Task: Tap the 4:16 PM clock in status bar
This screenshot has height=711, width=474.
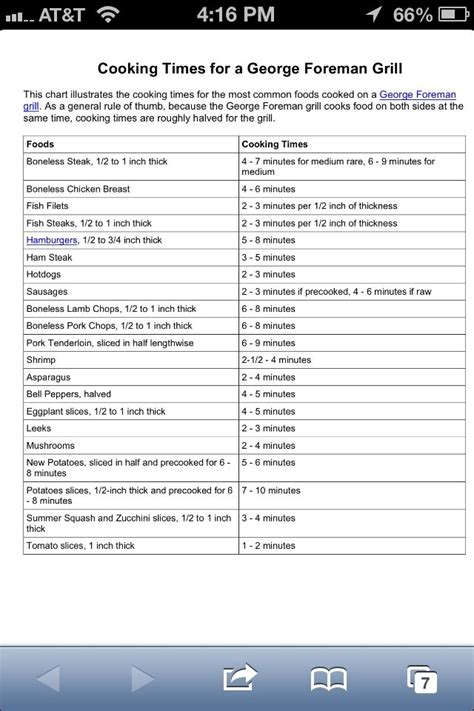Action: tap(236, 14)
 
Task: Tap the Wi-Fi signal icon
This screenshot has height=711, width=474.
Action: tap(108, 14)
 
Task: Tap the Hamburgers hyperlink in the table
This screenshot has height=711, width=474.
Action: tap(52, 240)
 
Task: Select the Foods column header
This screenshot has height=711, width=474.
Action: tap(41, 144)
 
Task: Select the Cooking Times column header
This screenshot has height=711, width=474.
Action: tap(274, 144)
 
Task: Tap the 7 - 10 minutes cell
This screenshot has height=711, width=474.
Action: tap(271, 490)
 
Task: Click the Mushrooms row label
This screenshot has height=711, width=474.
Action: tap(51, 445)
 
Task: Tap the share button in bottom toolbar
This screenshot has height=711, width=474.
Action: tap(239, 679)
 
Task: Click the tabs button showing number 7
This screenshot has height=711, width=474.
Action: tap(422, 679)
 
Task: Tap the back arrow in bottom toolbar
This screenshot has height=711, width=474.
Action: tap(49, 679)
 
